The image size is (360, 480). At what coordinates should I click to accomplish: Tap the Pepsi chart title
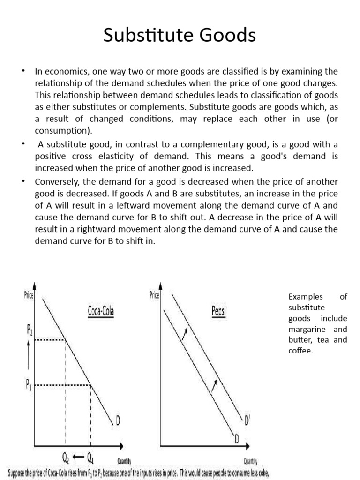point(218,312)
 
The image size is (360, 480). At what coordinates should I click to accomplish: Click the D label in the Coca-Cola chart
point(117,422)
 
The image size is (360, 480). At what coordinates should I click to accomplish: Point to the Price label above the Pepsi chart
point(154,295)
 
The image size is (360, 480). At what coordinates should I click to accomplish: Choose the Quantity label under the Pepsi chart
point(249,461)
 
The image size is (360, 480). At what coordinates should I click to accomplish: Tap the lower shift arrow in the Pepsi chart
point(214,386)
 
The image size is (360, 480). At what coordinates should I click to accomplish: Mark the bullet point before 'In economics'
point(22,71)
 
